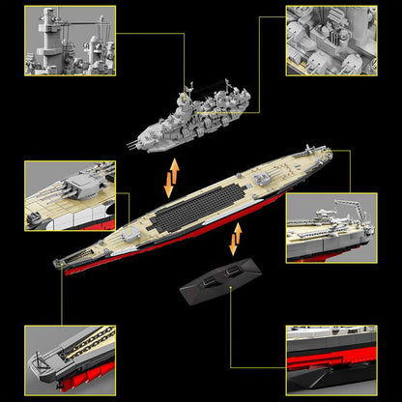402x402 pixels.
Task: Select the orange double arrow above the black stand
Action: point(236,238)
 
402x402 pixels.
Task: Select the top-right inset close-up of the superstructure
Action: point(330,41)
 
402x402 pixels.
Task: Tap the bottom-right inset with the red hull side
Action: point(330,359)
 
